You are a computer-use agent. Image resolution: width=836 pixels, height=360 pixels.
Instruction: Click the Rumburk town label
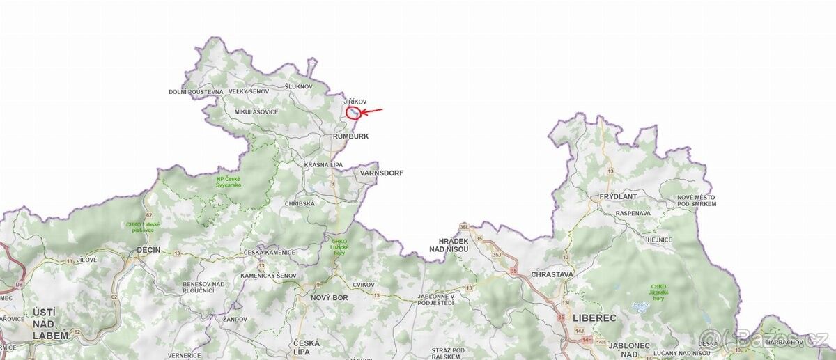[x=351, y=136]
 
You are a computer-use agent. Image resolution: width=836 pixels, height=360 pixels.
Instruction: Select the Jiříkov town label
[x=355, y=102]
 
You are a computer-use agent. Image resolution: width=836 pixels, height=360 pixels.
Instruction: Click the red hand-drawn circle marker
[x=354, y=113]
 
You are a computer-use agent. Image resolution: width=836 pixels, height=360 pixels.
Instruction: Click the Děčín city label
[x=148, y=250]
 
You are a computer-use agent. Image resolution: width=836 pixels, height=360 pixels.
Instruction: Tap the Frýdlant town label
[x=614, y=198]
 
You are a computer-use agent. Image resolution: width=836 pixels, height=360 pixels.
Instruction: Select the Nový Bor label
[x=329, y=297]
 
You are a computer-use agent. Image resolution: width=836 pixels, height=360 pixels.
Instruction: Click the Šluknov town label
[x=299, y=86]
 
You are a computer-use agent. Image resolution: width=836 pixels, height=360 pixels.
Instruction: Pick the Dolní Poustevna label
[x=196, y=92]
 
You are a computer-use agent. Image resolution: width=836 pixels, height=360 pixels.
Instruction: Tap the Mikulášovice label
[x=256, y=112]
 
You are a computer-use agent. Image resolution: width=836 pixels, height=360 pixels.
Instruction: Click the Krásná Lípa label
[x=323, y=165]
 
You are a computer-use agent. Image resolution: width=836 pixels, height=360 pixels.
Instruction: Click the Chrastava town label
[x=552, y=274]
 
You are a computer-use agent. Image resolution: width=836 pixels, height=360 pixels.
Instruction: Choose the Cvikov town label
[x=364, y=285]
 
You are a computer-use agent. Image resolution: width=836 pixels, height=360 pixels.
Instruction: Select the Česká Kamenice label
[x=269, y=252]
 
